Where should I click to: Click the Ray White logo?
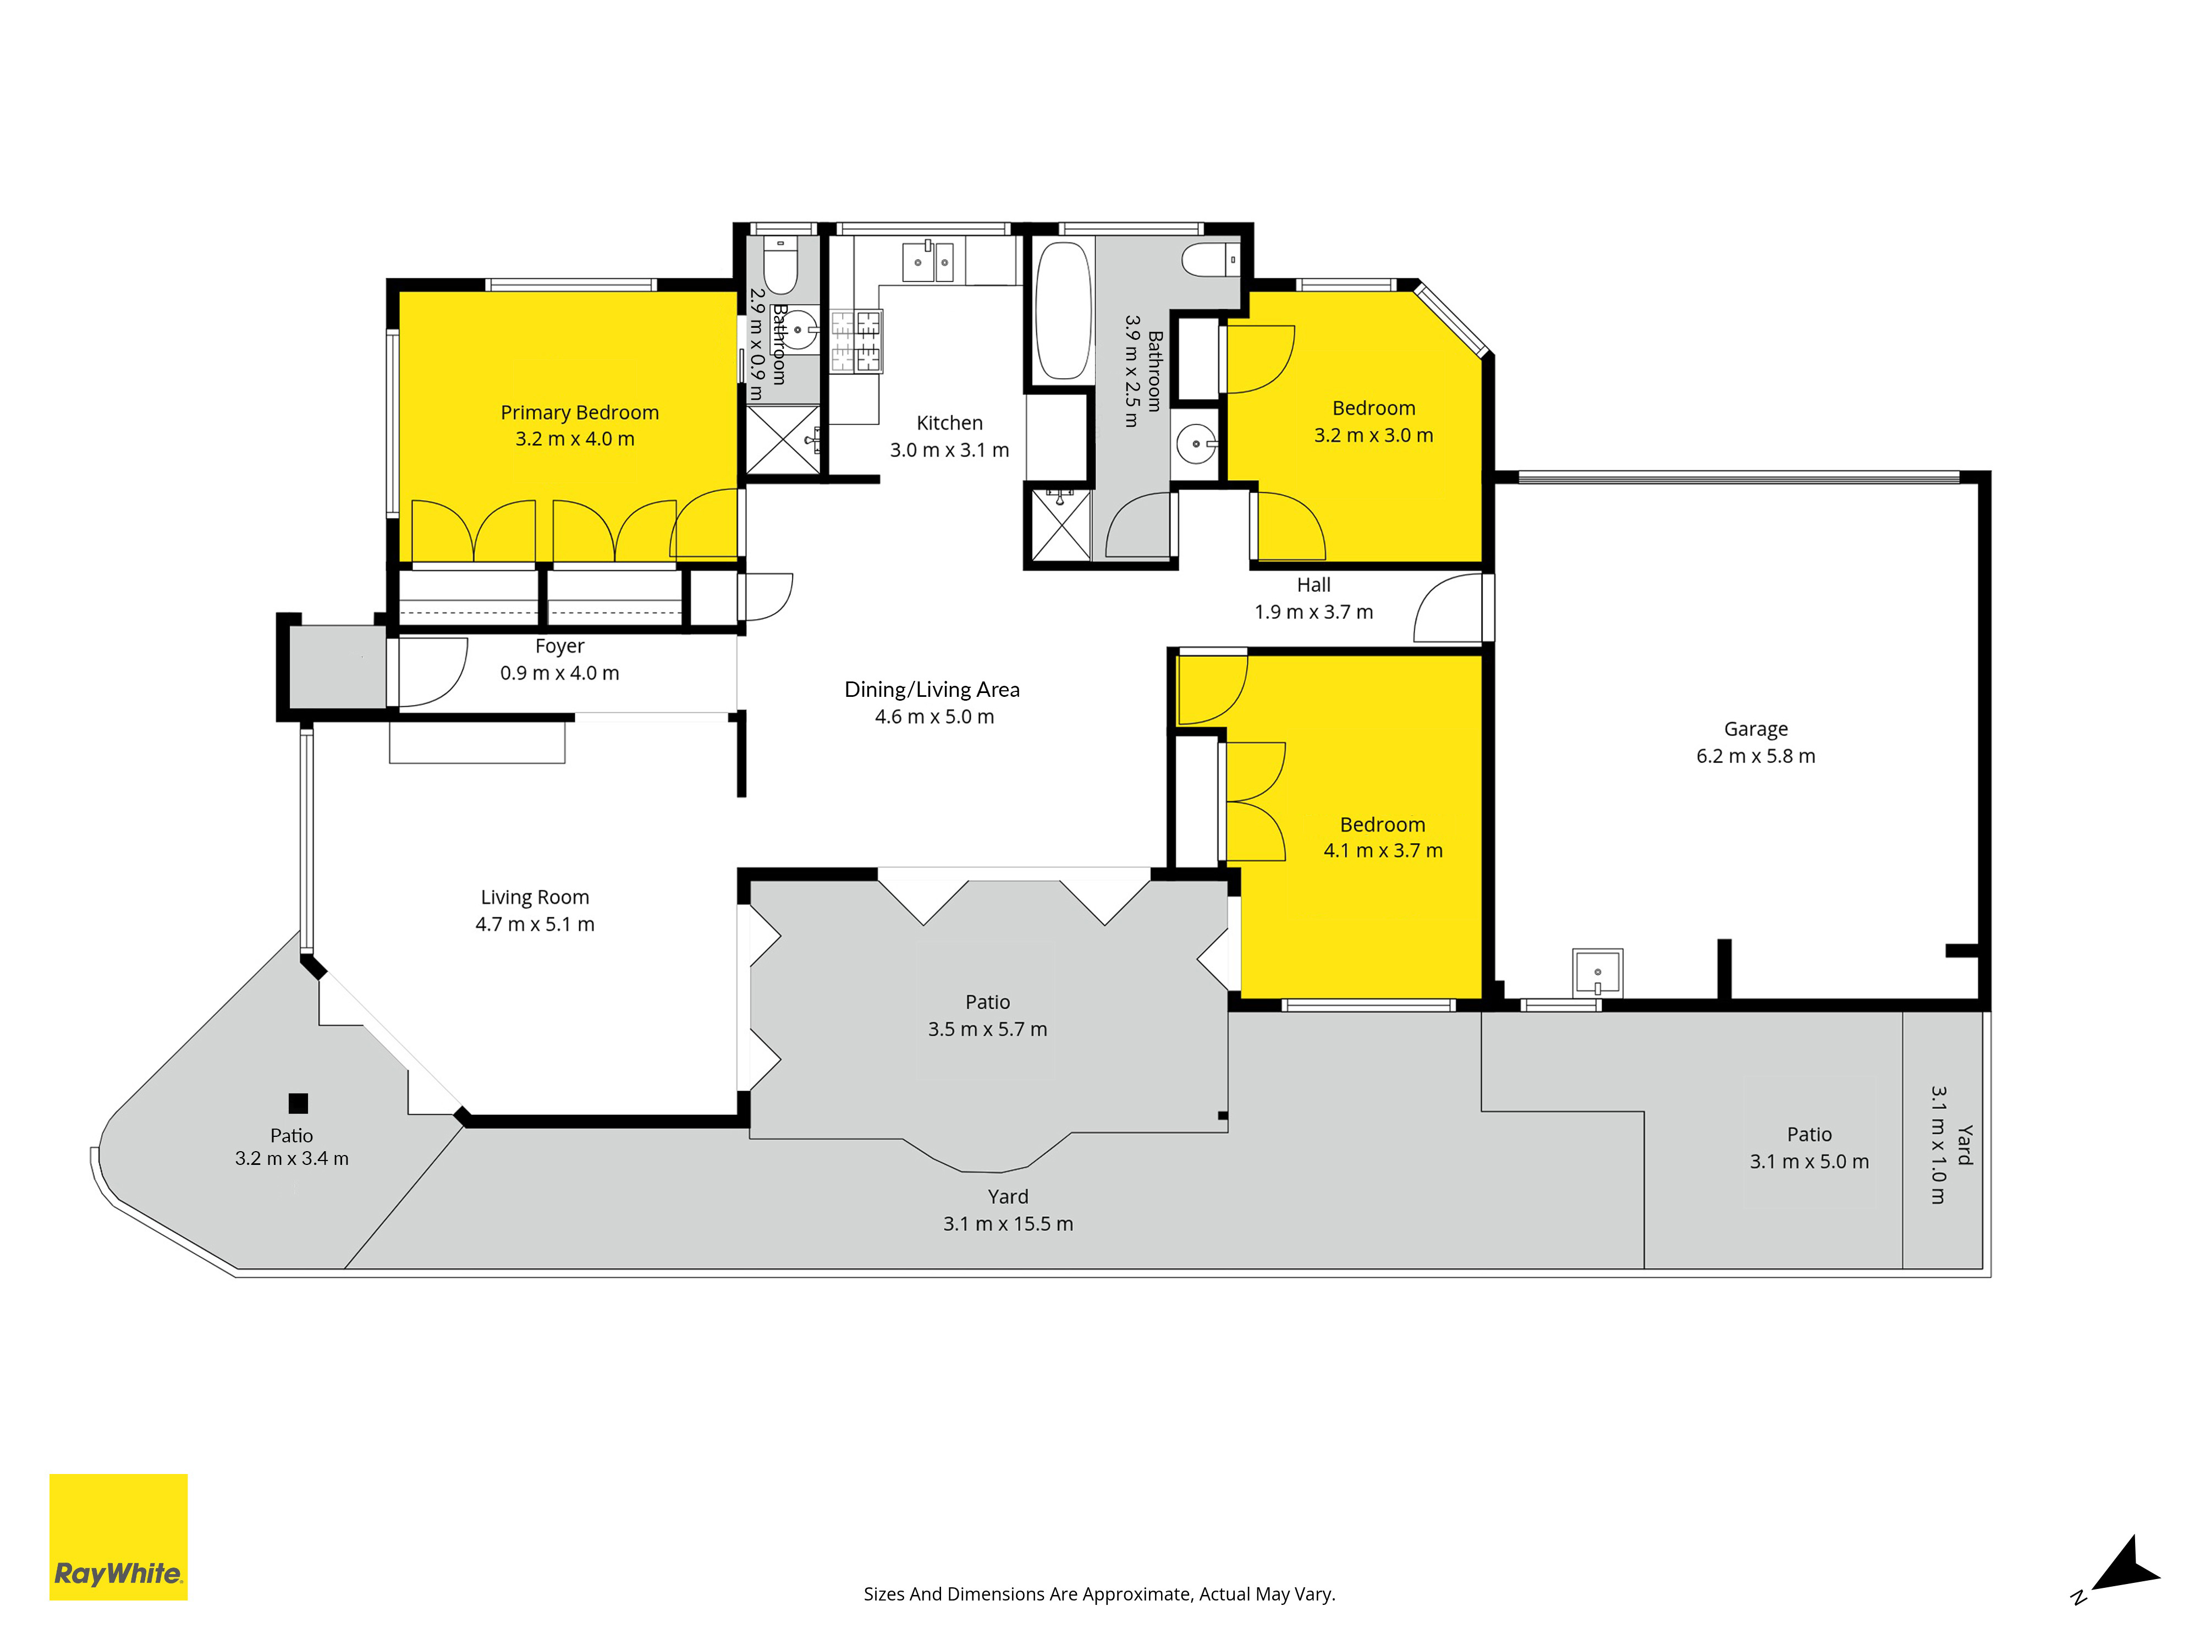[x=118, y=1537]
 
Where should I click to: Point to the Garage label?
[x=1756, y=729]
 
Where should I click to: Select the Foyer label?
[x=560, y=646]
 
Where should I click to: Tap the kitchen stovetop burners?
[x=856, y=341]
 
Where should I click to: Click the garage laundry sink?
[x=1597, y=972]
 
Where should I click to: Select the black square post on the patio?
[x=298, y=1103]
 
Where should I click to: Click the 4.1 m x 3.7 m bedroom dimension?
[x=1383, y=850]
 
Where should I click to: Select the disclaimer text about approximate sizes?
[x=1099, y=1594]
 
